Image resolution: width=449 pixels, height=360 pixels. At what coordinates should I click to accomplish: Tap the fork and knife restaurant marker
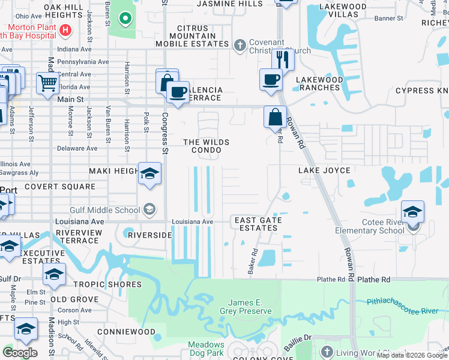[282, 59]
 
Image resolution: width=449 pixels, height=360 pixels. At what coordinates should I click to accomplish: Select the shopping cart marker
[47, 83]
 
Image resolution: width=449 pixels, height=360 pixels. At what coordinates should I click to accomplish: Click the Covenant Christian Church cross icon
[240, 44]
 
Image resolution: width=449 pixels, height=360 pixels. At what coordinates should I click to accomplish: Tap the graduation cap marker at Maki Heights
[149, 175]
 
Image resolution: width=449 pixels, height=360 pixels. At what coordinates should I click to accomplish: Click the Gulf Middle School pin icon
[149, 209]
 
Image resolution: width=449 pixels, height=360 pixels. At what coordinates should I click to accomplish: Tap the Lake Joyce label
[324, 171]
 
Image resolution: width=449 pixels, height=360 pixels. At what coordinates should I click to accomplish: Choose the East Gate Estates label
[258, 224]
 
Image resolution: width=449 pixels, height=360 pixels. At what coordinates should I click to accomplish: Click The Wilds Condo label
[206, 146]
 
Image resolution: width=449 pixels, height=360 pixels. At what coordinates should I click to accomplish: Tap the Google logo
[20, 353]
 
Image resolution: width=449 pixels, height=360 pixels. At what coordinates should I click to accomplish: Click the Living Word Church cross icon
[327, 351]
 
